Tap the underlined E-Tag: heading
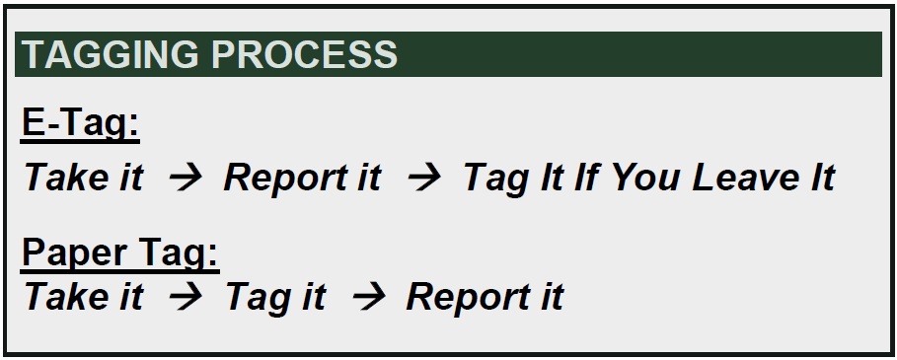(79, 125)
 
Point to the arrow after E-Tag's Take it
(184, 179)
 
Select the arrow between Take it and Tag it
(184, 297)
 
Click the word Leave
(746, 179)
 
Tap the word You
(645, 179)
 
